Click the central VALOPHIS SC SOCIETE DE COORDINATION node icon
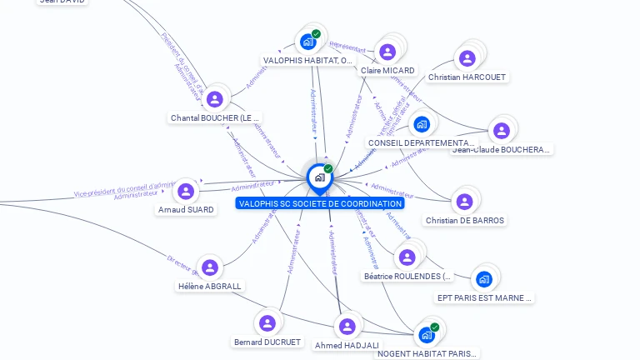coord(319,177)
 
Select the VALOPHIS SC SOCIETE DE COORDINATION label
coord(320,203)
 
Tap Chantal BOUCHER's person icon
coord(215,99)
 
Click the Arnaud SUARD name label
coord(186,210)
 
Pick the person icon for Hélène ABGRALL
coord(210,267)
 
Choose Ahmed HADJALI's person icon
coord(347,326)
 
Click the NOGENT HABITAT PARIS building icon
coord(427,335)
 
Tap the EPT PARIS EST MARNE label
coord(485,297)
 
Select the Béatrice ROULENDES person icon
coord(407,257)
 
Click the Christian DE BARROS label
coord(464,221)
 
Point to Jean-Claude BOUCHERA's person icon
coord(501,131)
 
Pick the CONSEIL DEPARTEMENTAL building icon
coord(422,125)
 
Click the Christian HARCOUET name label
coord(467,77)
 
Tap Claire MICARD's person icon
coord(387,52)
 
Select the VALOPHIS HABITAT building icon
coord(308,42)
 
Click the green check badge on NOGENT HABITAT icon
coord(434,327)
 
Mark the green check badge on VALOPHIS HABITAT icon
coord(316,34)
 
